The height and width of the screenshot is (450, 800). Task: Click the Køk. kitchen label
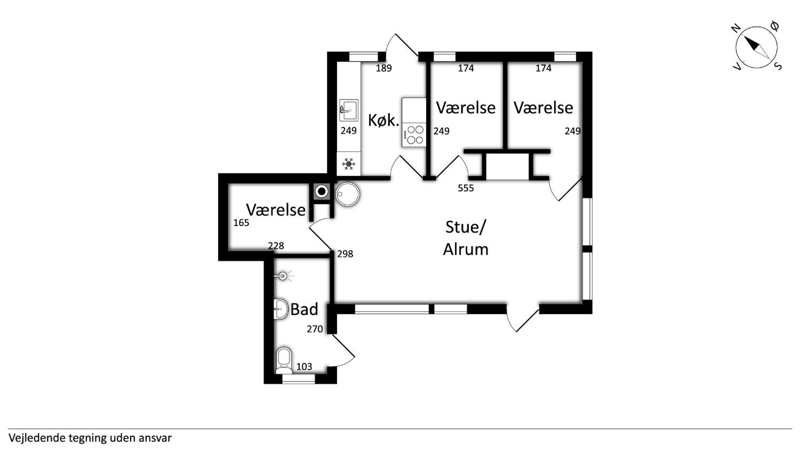[384, 120]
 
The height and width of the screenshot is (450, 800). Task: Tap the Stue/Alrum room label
[466, 238]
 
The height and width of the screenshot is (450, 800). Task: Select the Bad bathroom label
[304, 309]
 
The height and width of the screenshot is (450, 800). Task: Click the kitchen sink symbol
[348, 110]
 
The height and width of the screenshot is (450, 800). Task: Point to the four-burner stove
[414, 135]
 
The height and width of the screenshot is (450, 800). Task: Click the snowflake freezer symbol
[348, 164]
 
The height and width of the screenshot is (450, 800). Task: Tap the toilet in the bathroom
[284, 360]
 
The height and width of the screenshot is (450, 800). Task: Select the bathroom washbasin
[281, 309]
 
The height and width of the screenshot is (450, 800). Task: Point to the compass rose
[756, 47]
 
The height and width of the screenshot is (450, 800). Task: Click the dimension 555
[466, 188]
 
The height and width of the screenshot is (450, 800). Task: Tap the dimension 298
[345, 254]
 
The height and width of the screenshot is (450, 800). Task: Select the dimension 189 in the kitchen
[384, 68]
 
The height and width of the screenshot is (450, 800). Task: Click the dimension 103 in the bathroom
[304, 367]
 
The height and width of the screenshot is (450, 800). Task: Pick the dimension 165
[241, 223]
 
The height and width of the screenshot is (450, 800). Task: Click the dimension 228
[276, 246]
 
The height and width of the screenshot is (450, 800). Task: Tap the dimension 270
[315, 329]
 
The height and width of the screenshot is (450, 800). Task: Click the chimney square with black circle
[322, 192]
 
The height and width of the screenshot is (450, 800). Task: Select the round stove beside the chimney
[347, 194]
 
